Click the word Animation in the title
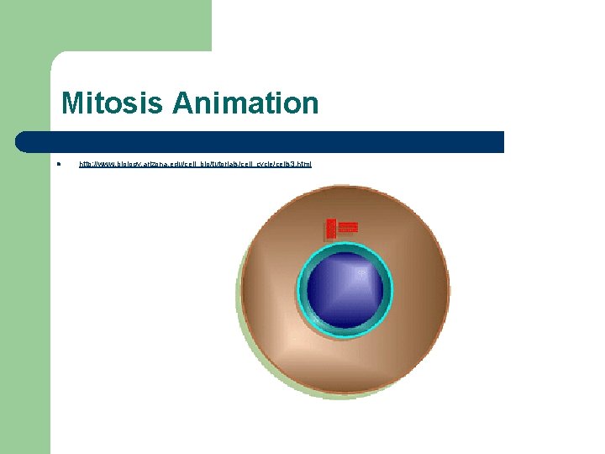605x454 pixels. tap(245, 104)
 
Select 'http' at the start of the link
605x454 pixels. tap(86, 164)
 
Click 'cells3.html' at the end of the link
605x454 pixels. tap(297, 164)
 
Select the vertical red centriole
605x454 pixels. tap(331, 229)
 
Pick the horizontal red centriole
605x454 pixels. tap(348, 227)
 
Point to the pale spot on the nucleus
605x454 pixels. tap(362, 272)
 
